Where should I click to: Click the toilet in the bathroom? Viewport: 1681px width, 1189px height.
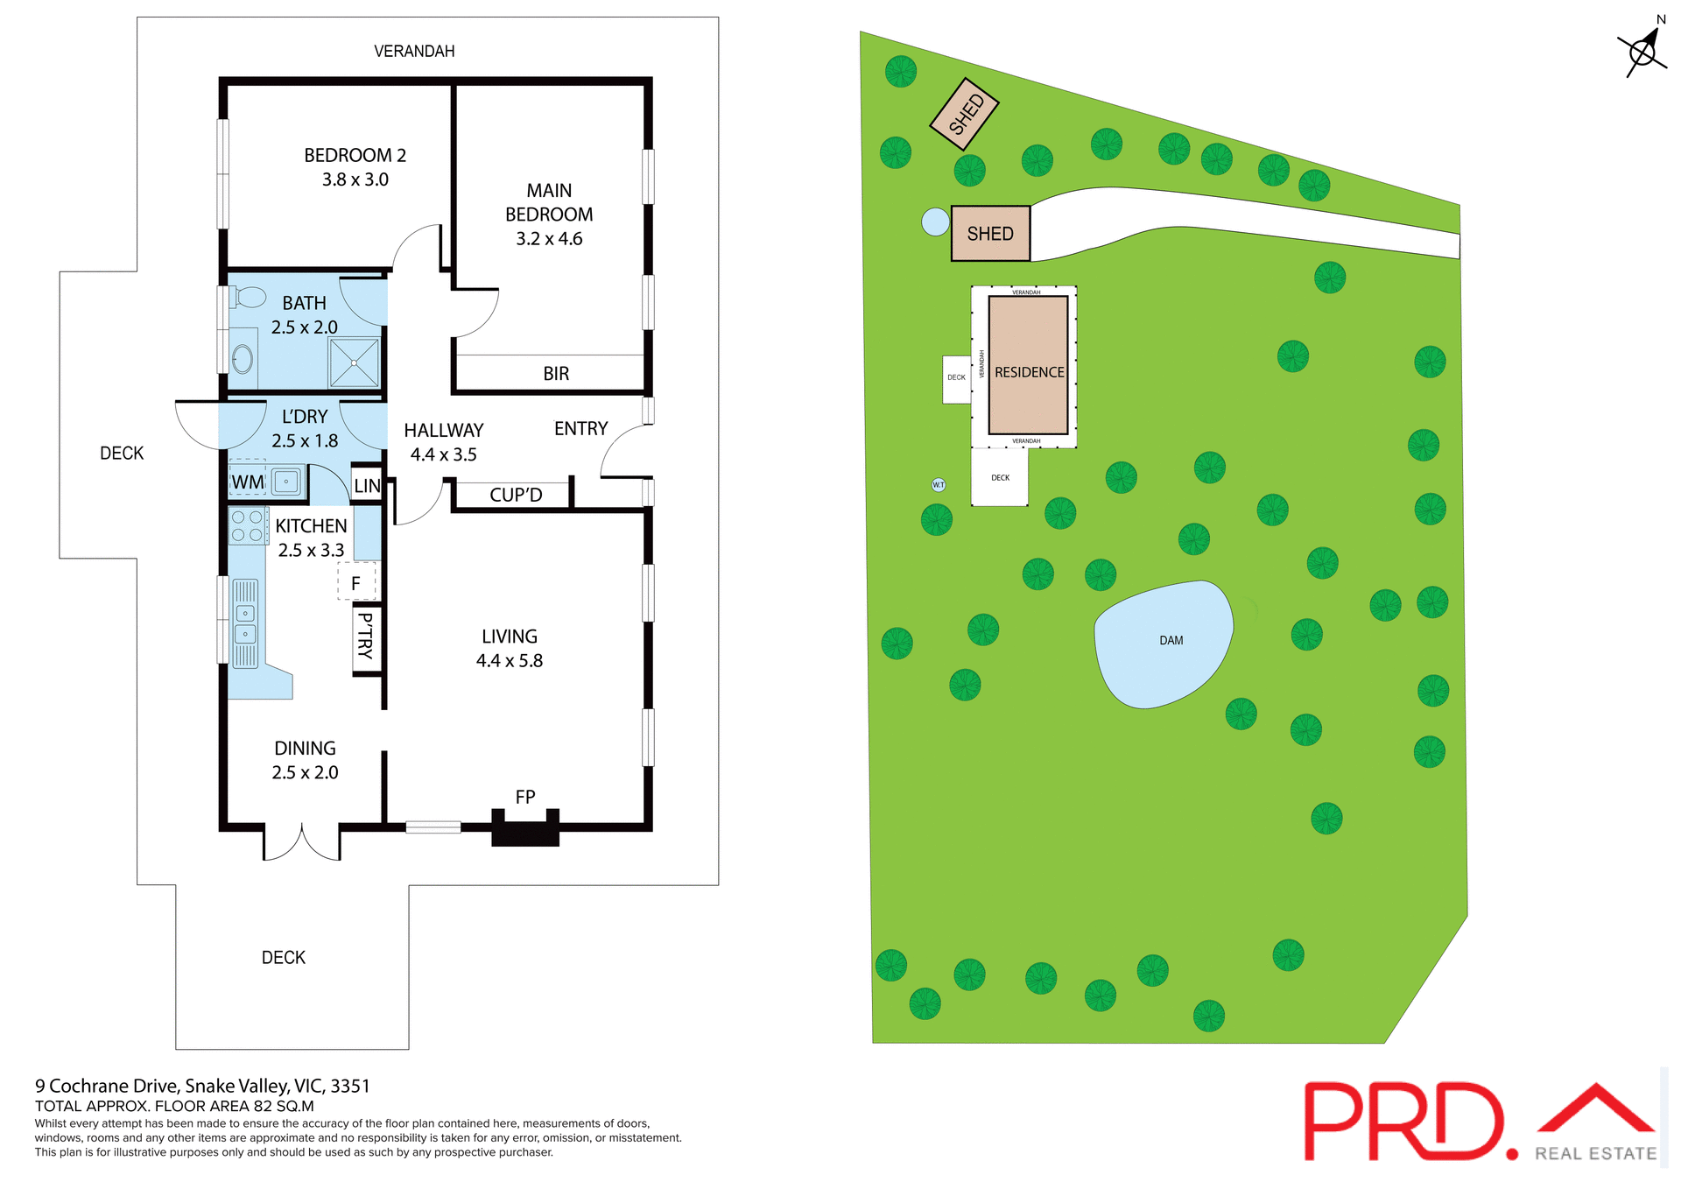coord(249,298)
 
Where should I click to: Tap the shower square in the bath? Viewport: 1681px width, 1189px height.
coord(354,362)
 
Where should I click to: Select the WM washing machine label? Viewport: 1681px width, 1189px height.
coord(248,482)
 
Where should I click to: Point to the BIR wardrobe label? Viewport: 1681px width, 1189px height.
coord(556,374)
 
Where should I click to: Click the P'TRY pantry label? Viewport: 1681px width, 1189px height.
coord(366,636)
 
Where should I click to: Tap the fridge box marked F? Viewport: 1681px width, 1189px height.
coord(356,583)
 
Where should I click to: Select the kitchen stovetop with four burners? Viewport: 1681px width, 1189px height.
coord(247,525)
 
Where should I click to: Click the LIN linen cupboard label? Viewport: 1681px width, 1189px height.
coord(367,486)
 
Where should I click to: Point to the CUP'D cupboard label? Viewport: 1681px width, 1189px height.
coord(516,495)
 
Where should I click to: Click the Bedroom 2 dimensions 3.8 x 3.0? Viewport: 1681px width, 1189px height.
coord(355,179)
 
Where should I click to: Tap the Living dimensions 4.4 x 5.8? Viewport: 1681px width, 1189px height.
coord(510,661)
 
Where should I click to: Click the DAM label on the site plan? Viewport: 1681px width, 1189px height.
coord(1171,641)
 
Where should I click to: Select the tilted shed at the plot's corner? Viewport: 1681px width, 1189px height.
coord(964,114)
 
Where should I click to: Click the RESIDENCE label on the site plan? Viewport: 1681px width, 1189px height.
coord(1029,372)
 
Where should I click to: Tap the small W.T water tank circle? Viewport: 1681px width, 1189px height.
coord(939,484)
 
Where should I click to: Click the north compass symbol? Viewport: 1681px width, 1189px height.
coord(1642,52)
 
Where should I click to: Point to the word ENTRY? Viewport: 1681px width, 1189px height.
coord(580,429)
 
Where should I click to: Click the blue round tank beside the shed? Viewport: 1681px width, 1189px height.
coord(935,222)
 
